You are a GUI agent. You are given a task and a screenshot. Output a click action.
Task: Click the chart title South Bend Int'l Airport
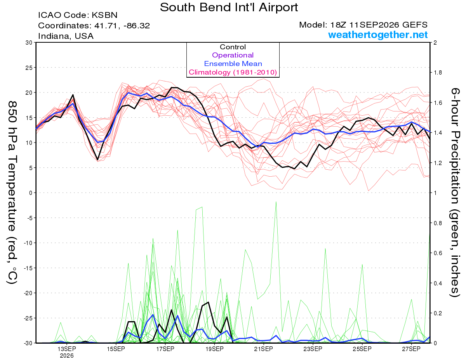(x=229, y=7)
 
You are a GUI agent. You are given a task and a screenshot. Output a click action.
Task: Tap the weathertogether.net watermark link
(x=378, y=35)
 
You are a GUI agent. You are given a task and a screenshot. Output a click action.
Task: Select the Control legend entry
(x=233, y=47)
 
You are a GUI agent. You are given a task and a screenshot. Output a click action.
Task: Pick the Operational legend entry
(x=233, y=55)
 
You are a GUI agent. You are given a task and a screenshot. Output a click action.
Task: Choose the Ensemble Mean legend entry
(x=233, y=64)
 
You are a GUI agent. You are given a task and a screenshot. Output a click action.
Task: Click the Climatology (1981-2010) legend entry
(x=233, y=72)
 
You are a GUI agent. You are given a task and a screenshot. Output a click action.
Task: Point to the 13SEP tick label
(x=67, y=349)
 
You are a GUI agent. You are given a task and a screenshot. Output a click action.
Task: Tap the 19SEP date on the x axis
(x=214, y=349)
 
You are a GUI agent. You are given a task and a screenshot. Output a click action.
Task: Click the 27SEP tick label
(x=411, y=349)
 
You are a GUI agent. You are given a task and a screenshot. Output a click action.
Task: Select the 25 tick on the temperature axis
(x=29, y=68)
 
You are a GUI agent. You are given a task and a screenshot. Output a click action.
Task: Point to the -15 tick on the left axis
(x=28, y=268)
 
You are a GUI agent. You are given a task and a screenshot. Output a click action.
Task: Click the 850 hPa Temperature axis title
(x=12, y=193)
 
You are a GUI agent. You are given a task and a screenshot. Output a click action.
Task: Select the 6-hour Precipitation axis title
(x=455, y=192)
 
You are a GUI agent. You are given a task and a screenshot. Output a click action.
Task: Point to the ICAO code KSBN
(x=104, y=15)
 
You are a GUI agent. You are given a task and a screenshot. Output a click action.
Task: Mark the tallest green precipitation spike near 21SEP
(x=276, y=202)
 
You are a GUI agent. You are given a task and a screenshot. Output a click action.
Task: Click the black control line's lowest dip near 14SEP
(x=97, y=160)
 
